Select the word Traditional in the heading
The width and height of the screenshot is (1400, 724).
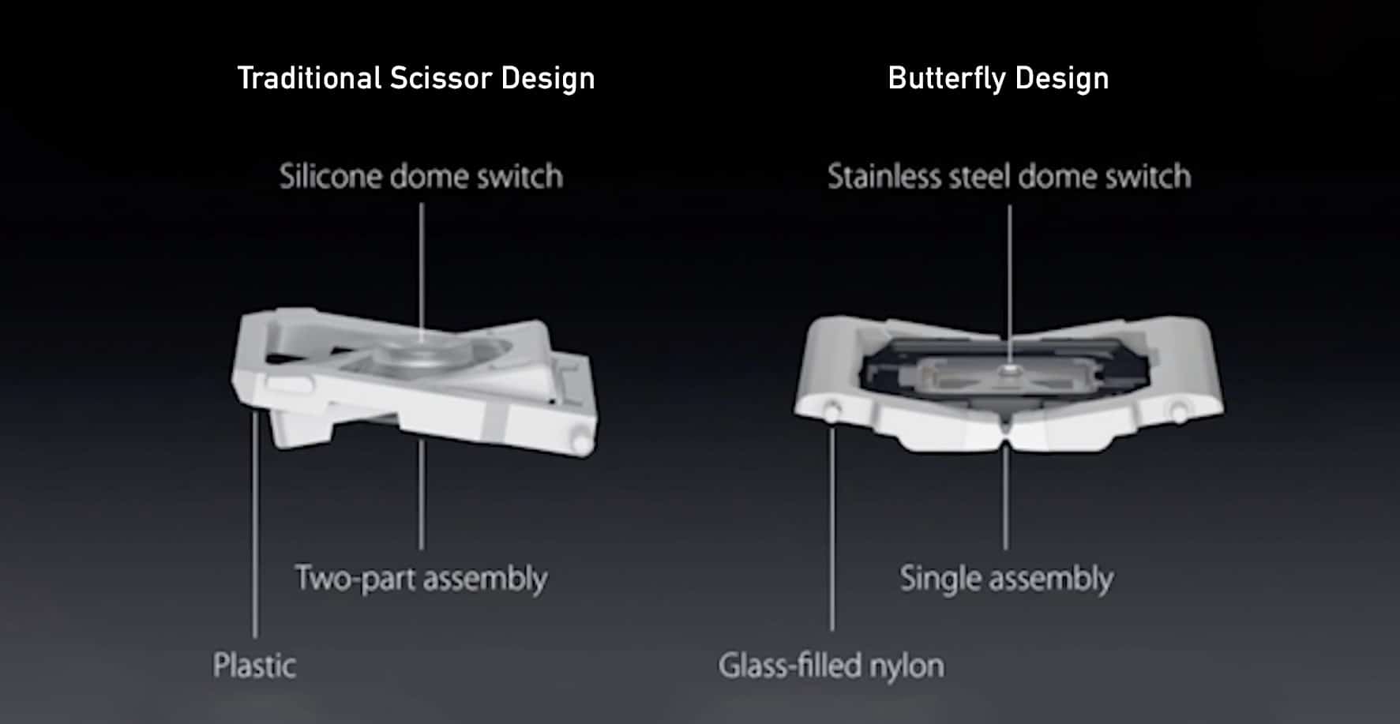[310, 78]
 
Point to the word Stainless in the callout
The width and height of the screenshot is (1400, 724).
[884, 176]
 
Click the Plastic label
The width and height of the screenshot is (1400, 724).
[254, 666]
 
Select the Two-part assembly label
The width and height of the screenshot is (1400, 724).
[421, 579]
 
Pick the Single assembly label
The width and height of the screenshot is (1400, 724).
[1007, 579]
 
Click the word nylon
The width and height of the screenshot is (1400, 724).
[906, 666]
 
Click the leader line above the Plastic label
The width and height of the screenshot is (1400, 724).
[254, 524]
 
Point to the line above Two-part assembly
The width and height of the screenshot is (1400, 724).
[421, 494]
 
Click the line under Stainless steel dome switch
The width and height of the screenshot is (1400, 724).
[1009, 284]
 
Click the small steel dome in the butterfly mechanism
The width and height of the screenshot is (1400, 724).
[1008, 370]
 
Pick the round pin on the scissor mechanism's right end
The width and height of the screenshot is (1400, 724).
[580, 441]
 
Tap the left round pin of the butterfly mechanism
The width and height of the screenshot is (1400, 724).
[831, 411]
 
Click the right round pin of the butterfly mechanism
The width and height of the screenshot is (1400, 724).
[1177, 411]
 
